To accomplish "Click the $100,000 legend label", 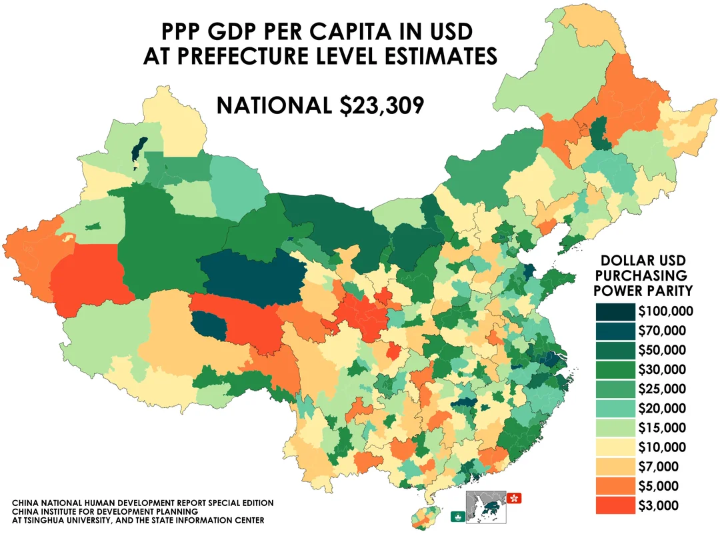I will [665, 311].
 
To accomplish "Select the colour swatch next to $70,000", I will [614, 330].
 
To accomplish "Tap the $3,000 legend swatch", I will [614, 505].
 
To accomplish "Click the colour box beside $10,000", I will [614, 447].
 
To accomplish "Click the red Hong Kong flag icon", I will [515, 498].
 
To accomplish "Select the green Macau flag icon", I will [457, 516].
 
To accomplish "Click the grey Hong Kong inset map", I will [486, 507].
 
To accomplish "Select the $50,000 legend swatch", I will [614, 349].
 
